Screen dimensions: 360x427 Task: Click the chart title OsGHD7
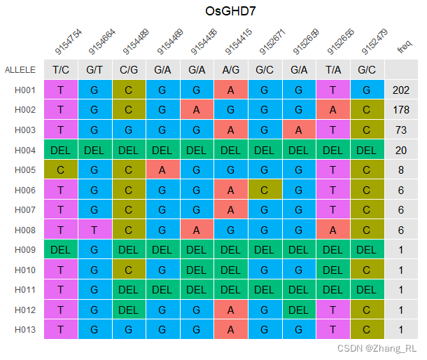coord(230,12)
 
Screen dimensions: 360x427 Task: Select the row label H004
coord(25,151)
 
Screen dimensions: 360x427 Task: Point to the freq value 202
coord(401,90)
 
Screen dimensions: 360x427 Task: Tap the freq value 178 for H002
coord(401,110)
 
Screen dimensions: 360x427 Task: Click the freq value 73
coord(401,130)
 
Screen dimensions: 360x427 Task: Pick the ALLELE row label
coord(20,70)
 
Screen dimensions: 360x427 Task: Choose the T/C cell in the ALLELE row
coord(61,70)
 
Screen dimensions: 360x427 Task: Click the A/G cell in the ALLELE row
coord(231,70)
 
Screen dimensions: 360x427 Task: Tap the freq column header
coord(405,47)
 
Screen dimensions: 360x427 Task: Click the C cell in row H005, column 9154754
coord(61,170)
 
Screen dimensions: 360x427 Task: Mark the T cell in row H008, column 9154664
coord(94,230)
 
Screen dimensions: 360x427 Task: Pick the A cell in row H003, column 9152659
coord(299,130)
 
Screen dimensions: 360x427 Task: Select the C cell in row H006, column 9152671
coord(265,191)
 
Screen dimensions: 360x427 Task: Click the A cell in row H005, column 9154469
coord(162,170)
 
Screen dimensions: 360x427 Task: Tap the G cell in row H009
coord(94,251)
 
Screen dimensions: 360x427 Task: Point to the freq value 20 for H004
coord(401,151)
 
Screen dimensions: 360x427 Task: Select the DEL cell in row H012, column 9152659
coord(299,310)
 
